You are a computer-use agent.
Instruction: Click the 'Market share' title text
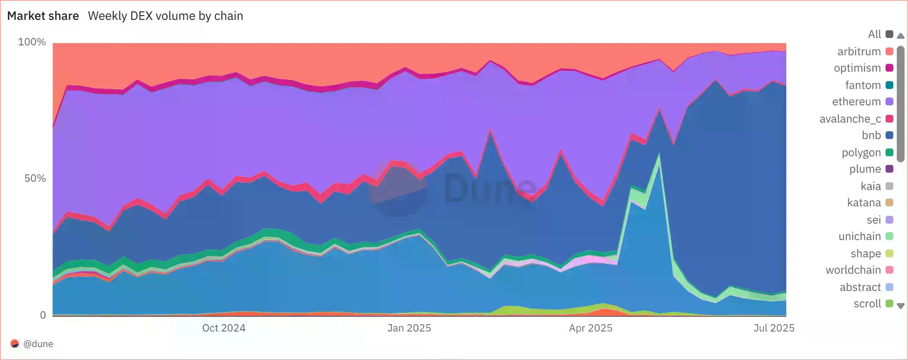coord(43,16)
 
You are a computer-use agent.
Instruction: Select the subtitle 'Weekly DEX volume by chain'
coord(165,16)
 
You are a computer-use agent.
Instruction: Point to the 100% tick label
coord(32,42)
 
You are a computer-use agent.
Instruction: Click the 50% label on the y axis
coord(35,178)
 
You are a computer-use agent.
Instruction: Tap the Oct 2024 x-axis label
coord(224,328)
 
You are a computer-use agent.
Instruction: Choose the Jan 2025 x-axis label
coord(409,328)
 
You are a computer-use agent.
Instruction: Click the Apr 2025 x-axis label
coord(590,328)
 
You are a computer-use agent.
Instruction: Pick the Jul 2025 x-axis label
coord(774,328)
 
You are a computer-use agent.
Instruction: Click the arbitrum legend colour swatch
coord(889,51)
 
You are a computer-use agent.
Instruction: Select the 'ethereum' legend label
coord(856,101)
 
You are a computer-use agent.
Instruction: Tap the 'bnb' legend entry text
coord(871,135)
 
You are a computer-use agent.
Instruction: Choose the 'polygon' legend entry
coord(861,152)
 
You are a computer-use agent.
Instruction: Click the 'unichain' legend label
coord(859,236)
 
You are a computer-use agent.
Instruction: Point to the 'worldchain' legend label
coord(853,270)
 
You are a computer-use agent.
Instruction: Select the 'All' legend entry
coord(874,34)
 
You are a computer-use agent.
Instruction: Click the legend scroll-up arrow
coord(901,36)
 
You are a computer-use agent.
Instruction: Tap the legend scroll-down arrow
coord(901,306)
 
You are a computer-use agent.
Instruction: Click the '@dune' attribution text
coord(38,344)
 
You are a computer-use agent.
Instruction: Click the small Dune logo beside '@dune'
coord(15,344)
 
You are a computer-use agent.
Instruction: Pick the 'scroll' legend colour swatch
coord(889,303)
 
